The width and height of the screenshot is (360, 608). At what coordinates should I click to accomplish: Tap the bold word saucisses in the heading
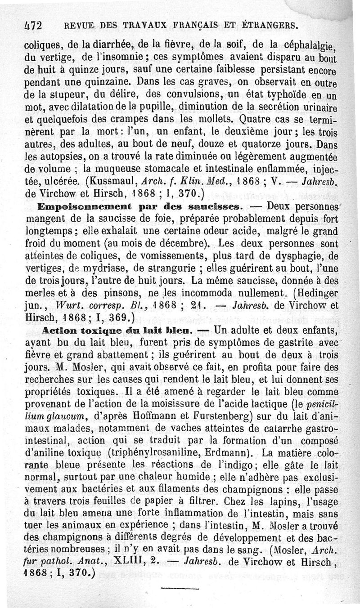(x=219, y=207)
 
